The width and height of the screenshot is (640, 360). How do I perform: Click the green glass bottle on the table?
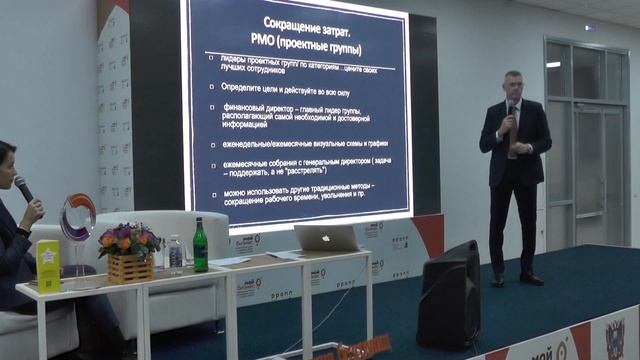click(200, 245)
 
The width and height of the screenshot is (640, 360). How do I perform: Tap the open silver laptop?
click(326, 238)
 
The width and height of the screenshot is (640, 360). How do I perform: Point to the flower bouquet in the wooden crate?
click(129, 240)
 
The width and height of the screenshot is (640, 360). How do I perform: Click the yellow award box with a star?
click(48, 264)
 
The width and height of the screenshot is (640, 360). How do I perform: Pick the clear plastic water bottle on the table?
click(176, 253)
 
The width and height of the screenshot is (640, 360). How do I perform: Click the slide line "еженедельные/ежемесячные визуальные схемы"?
click(292, 143)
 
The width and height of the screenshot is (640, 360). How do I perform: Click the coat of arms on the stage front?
click(614, 340)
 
